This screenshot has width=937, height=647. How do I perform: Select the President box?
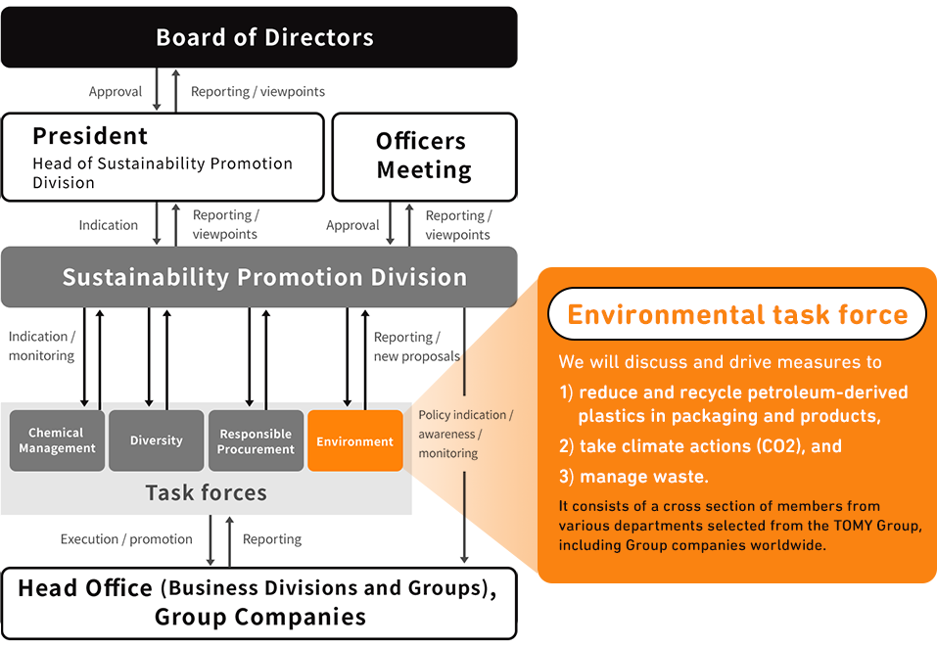click(x=163, y=157)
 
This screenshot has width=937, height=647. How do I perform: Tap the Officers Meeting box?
click(x=424, y=157)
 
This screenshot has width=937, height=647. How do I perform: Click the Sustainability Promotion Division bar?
click(x=258, y=277)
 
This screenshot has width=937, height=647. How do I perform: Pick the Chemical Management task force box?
click(x=57, y=440)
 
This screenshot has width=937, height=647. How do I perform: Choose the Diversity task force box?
click(x=157, y=440)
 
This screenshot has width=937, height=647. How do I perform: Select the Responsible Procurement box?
click(x=257, y=440)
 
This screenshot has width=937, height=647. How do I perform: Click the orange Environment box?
click(x=355, y=440)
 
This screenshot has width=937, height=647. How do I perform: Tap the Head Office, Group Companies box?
click(x=258, y=603)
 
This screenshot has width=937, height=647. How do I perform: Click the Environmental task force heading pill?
click(x=737, y=314)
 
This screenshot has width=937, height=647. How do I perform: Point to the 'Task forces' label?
click(x=206, y=492)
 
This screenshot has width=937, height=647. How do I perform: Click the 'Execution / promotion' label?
click(x=126, y=539)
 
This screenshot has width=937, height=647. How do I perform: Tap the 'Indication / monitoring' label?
click(x=41, y=346)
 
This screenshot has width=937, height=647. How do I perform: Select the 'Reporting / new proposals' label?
click(x=416, y=347)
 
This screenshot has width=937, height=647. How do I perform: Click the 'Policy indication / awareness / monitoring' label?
click(x=465, y=434)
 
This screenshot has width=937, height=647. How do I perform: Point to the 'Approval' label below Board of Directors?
click(x=116, y=92)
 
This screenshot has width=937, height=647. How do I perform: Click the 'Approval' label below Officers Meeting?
click(x=352, y=225)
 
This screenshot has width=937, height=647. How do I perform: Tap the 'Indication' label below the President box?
click(x=109, y=225)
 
